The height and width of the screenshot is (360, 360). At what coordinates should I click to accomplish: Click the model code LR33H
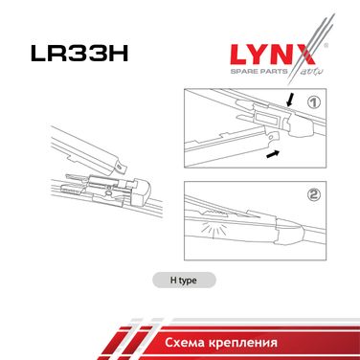[x=79, y=53]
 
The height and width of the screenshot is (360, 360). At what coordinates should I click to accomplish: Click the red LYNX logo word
[x=273, y=55]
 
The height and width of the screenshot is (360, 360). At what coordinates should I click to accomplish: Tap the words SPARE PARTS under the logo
[x=259, y=71]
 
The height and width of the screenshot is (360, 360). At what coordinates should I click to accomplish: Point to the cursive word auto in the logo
[x=312, y=71]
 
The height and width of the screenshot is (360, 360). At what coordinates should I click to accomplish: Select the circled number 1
[x=314, y=102]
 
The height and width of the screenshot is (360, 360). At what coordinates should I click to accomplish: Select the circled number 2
[x=314, y=194]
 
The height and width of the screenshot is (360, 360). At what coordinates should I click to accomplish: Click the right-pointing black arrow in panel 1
[x=273, y=154]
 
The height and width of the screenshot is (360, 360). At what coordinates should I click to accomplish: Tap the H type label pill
[x=184, y=281]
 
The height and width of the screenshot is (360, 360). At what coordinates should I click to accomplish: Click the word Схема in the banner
[x=184, y=343]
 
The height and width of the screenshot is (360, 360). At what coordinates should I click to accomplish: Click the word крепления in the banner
[x=242, y=343]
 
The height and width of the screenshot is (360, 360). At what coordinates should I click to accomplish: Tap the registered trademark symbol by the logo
[x=326, y=46]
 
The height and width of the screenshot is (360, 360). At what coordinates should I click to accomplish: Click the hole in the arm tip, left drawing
[x=119, y=166]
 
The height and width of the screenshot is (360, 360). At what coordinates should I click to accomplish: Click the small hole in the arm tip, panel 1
[x=271, y=136]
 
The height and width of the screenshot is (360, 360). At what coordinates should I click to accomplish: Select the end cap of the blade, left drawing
[x=143, y=191]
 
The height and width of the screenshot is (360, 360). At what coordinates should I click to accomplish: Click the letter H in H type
[x=173, y=281]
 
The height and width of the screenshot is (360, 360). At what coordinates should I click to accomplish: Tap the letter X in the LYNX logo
[x=304, y=55]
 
